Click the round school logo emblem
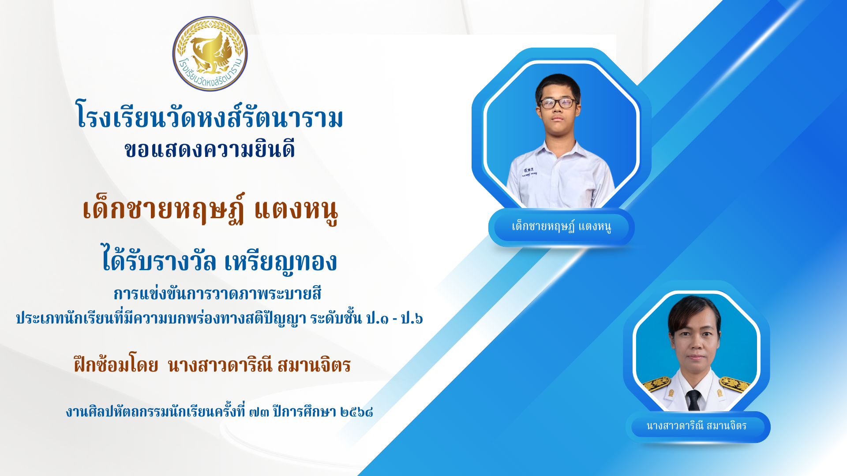[x=210, y=54]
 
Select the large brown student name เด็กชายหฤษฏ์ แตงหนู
[x=210, y=210]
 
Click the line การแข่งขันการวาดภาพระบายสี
[x=217, y=294]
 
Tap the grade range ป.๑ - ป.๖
[x=394, y=318]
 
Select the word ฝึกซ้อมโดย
[x=116, y=365]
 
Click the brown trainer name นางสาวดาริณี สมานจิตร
[x=259, y=365]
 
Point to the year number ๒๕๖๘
[x=357, y=412]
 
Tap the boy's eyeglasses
[x=558, y=103]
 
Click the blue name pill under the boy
[x=561, y=227]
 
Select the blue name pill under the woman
[x=697, y=427]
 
